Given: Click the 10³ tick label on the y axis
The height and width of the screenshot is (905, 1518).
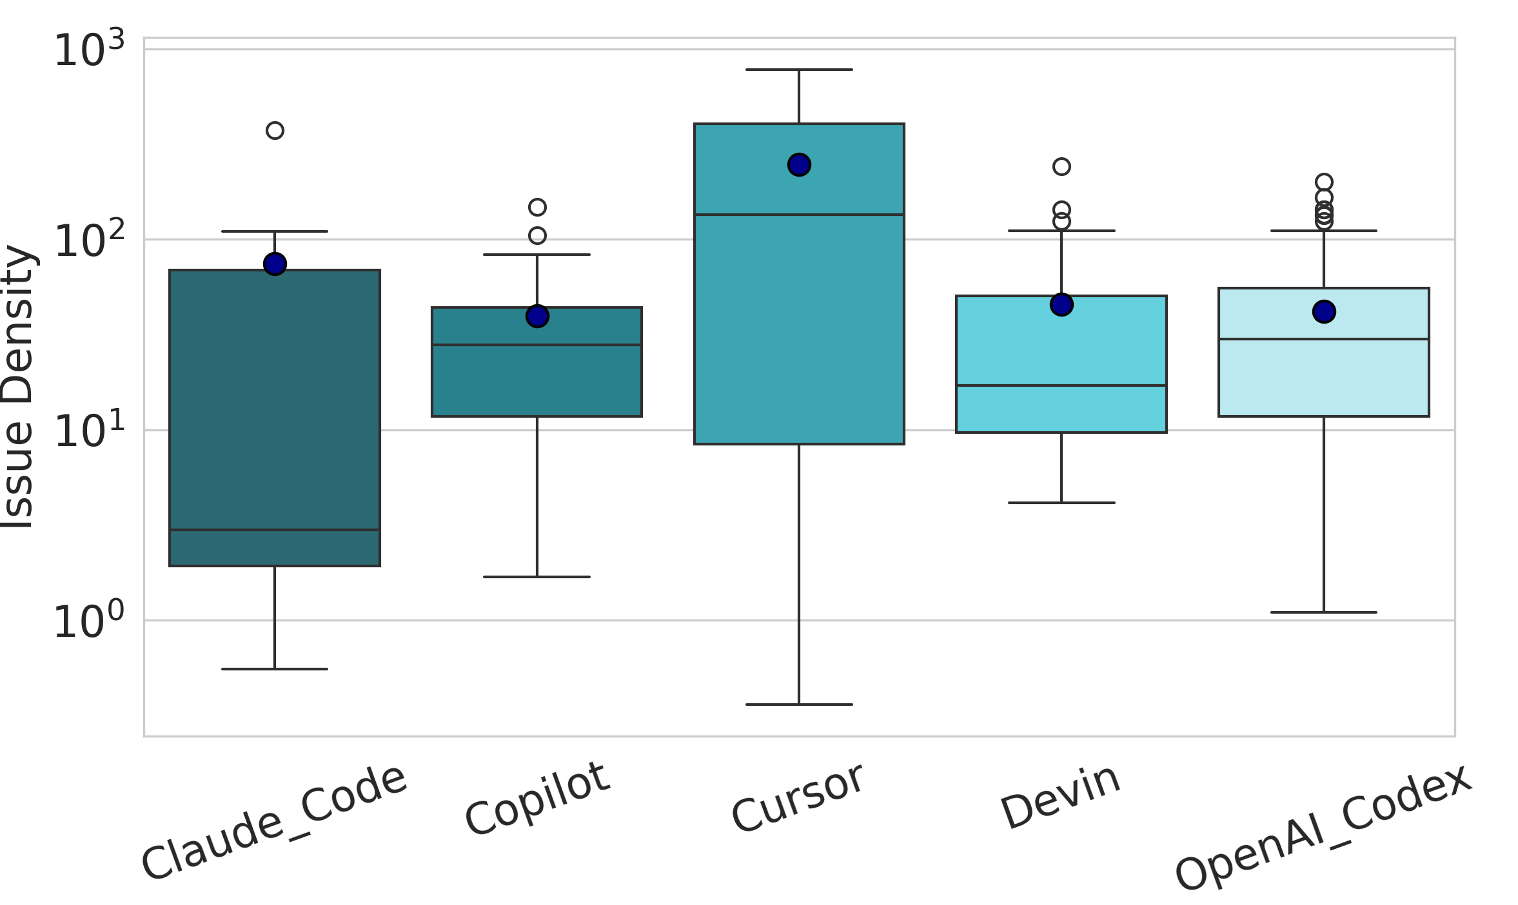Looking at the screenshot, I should (x=89, y=50).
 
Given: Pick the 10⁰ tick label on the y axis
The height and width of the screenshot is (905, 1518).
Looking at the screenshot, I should (x=89, y=621).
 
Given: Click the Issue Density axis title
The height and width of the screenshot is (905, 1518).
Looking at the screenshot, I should (x=18, y=387).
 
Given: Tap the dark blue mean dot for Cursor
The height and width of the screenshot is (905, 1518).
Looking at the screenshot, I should (x=799, y=165).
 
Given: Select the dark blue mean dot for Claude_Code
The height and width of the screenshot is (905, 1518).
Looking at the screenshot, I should (x=275, y=264).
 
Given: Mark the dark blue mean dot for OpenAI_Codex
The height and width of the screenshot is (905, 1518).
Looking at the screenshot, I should (x=1324, y=312).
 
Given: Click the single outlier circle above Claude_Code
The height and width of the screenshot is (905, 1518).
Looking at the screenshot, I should (x=275, y=131).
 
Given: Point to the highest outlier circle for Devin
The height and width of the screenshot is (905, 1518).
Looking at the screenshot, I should (x=1061, y=167).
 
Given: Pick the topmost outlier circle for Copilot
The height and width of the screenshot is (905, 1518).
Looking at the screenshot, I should (x=537, y=208).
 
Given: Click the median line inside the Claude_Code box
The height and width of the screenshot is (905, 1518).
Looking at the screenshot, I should (x=275, y=530).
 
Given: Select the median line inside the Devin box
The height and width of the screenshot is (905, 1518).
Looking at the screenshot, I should (x=1061, y=385).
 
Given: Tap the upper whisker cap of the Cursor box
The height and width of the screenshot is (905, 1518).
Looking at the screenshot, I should (x=799, y=70).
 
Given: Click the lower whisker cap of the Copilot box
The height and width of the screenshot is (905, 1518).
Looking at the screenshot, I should (x=537, y=577).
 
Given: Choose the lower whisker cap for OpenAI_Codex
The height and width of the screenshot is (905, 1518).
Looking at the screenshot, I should (x=1324, y=612).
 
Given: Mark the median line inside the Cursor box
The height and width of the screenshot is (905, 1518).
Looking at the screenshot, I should (x=799, y=215).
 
